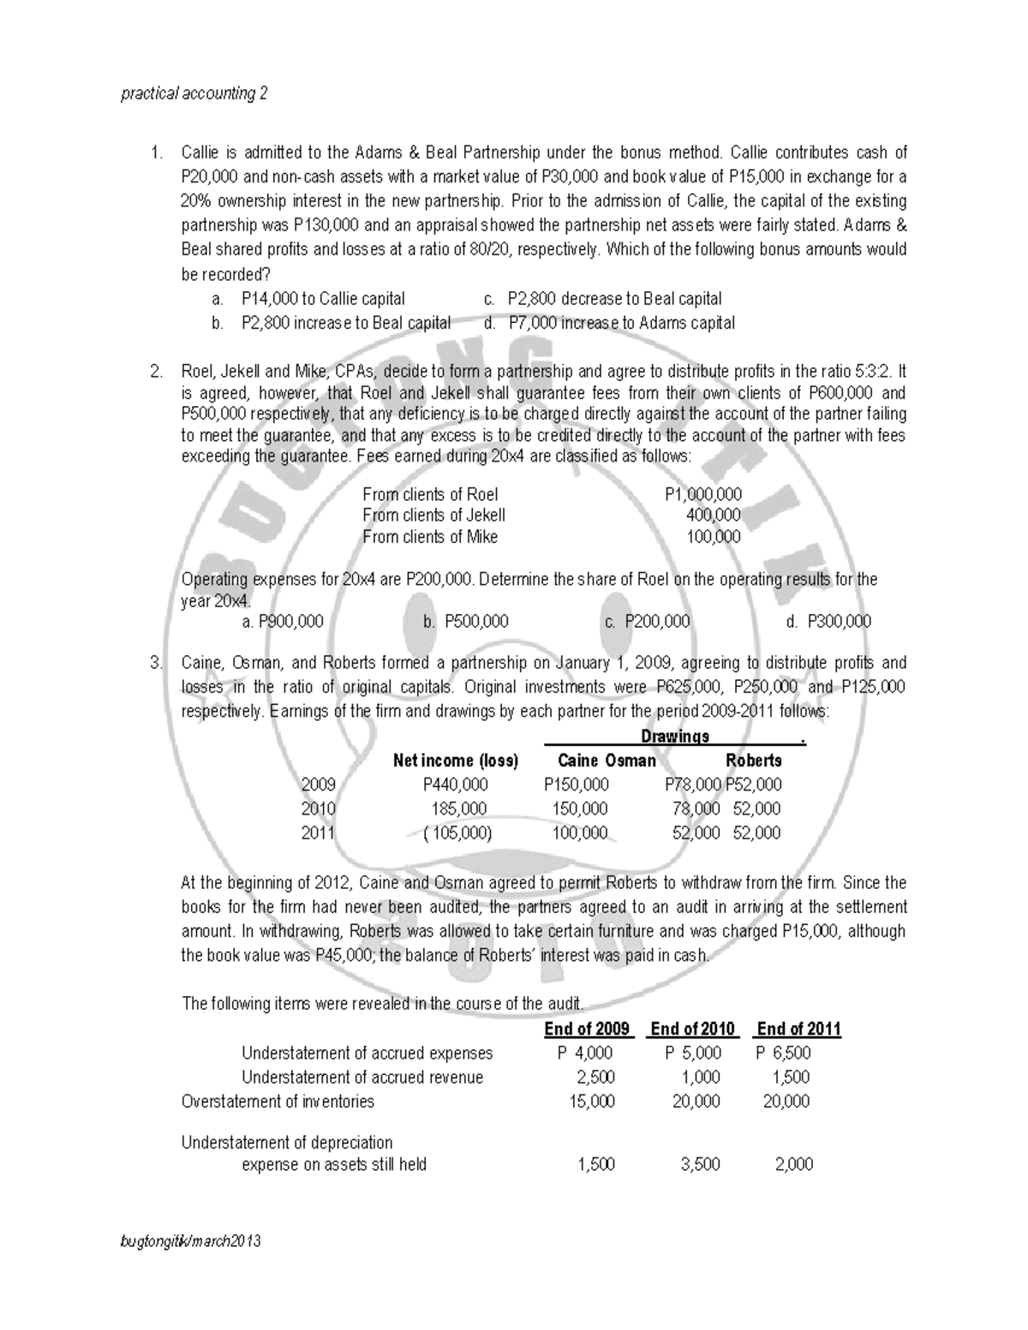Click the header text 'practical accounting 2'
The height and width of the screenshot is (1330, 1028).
(194, 93)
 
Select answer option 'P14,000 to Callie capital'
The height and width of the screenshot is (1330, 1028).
(323, 299)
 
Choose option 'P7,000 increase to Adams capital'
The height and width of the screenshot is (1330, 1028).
(621, 323)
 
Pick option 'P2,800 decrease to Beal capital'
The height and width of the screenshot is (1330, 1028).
(613, 299)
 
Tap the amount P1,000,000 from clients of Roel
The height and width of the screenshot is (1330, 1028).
(702, 495)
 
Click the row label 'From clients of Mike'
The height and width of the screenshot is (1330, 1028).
(429, 537)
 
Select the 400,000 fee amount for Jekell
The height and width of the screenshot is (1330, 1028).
(713, 516)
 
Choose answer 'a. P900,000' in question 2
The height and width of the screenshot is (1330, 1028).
(283, 622)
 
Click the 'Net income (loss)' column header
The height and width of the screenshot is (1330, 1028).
(455, 760)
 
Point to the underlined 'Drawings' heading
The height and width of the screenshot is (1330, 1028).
(675, 737)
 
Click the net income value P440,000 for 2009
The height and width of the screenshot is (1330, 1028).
(455, 784)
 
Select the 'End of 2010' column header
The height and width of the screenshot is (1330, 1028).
(693, 1029)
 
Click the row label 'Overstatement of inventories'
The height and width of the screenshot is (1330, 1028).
(278, 1101)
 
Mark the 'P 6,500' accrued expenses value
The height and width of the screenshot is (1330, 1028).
(783, 1053)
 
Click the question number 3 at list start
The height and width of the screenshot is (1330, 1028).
(155, 663)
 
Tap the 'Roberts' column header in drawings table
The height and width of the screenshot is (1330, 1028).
(753, 760)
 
